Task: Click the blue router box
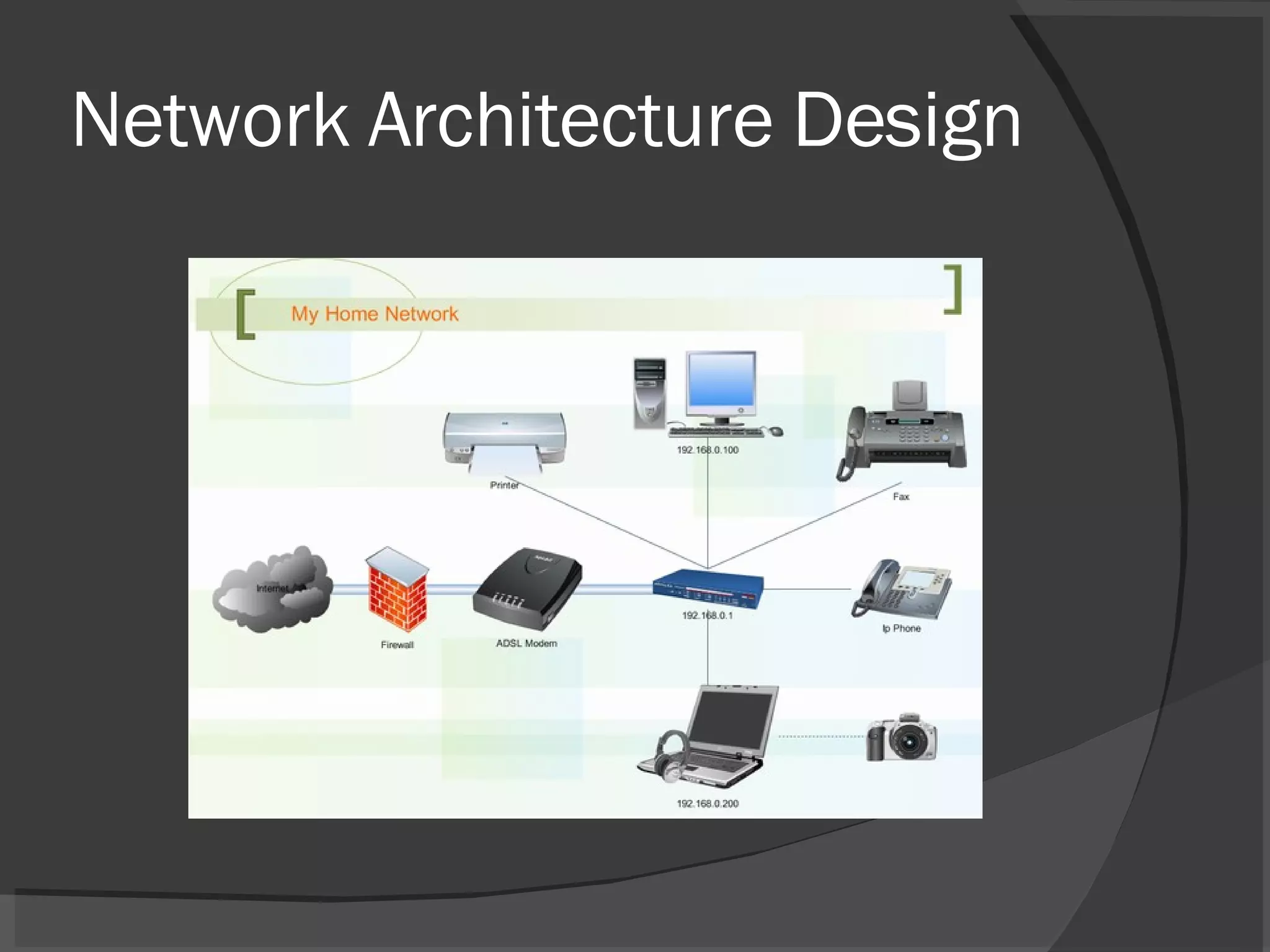coord(708,589)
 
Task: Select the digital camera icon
coord(903,738)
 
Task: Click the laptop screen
coord(733,718)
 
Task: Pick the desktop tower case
coord(649,393)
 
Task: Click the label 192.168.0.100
coord(708,450)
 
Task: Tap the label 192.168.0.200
coord(708,803)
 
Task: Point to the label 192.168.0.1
coord(708,615)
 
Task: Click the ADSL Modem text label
coord(526,643)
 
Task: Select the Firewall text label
coord(397,645)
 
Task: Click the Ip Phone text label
coord(902,628)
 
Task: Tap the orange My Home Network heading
coord(375,314)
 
